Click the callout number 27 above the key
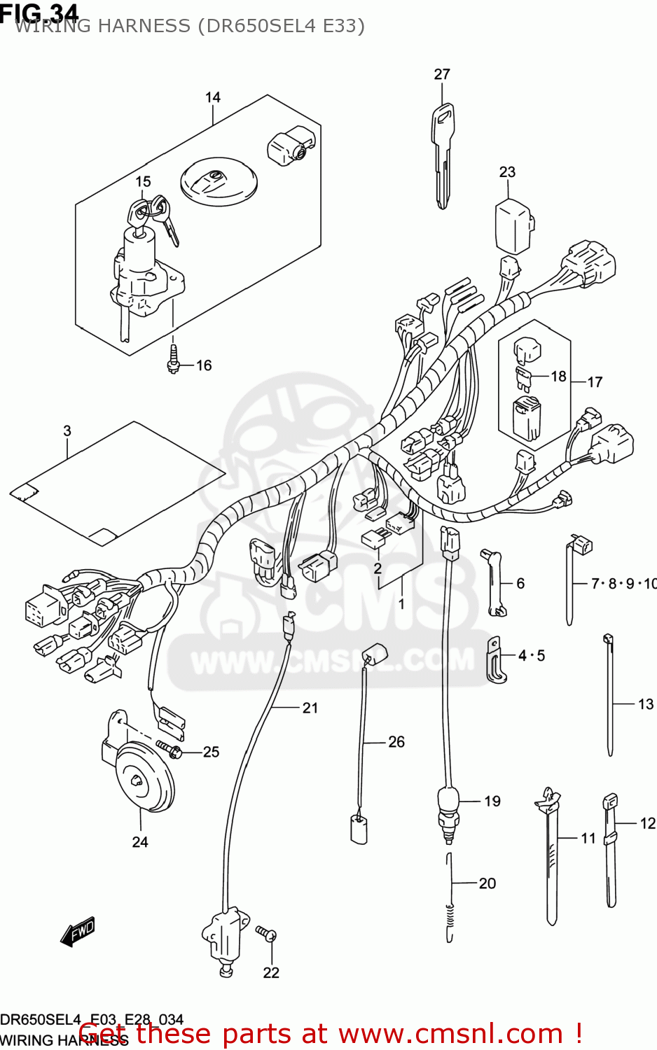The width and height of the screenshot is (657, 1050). click(442, 74)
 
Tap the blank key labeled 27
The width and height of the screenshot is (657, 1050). click(443, 150)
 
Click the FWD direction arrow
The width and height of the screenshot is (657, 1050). click(78, 932)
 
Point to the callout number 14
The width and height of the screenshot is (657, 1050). click(213, 97)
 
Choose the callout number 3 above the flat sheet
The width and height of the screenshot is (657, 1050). click(67, 430)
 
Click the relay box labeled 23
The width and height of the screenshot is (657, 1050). click(515, 225)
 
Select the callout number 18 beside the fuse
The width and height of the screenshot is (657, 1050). click(558, 376)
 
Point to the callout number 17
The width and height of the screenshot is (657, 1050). click(595, 382)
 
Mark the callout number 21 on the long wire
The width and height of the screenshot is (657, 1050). click(310, 708)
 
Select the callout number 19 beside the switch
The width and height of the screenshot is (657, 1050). click(492, 801)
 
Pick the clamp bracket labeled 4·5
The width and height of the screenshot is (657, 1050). click(497, 659)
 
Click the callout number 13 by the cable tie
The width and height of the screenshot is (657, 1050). click(645, 703)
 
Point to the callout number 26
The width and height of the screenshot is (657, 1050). click(396, 741)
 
